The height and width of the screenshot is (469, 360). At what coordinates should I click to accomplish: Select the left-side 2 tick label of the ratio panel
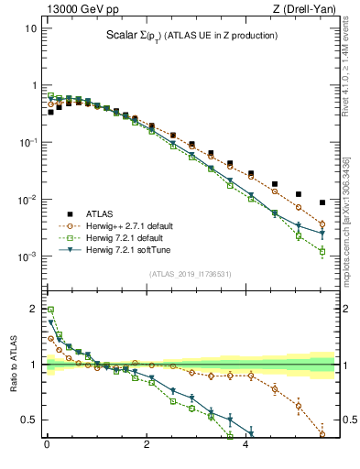tap(35, 309)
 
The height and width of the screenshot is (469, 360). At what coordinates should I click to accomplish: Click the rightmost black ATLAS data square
tap(322, 202)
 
